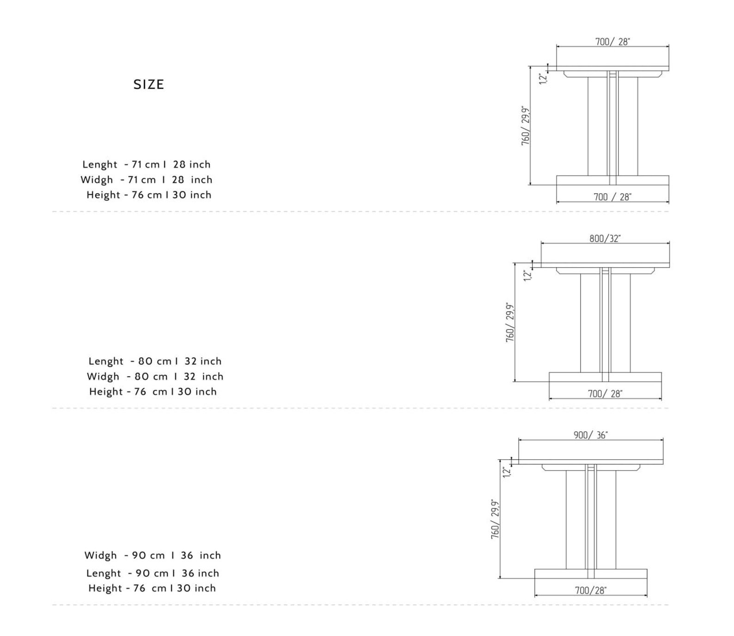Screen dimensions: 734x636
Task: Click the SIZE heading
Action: point(149,85)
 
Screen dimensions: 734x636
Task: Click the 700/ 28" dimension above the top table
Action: point(612,42)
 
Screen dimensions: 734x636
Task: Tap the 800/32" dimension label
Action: point(605,238)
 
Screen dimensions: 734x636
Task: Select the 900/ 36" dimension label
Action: point(591,435)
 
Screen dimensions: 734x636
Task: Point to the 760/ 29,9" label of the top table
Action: point(526,126)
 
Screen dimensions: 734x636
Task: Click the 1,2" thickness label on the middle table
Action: point(528,275)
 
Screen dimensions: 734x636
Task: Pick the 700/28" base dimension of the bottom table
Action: point(591,590)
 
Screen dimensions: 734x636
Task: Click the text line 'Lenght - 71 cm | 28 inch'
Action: point(147,165)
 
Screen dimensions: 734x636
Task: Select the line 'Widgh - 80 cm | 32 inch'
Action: point(155,377)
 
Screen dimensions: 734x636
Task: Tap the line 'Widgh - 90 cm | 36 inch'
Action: point(153,556)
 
